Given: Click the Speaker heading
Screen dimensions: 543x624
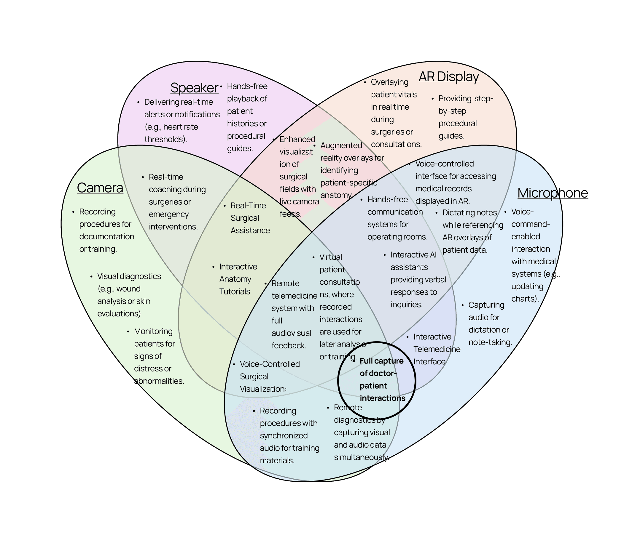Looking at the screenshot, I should click(194, 88).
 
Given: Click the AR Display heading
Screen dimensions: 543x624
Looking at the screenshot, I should click(449, 77).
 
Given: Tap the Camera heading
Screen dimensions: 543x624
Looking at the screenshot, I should click(100, 188).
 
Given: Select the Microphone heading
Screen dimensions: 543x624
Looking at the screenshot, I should click(553, 193).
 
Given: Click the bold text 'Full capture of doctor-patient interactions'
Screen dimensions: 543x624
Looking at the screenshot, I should click(382, 379).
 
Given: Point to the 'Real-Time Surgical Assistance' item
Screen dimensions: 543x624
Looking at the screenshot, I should click(250, 218).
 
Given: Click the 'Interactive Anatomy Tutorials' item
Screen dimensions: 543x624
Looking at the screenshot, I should click(238, 279).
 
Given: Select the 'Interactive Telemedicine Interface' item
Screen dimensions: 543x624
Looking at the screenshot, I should click(436, 349).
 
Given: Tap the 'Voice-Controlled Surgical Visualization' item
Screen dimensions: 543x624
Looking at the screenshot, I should click(269, 376).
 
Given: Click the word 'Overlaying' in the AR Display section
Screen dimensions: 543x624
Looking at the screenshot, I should click(389, 82).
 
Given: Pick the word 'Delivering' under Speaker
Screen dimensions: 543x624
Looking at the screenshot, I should click(162, 102).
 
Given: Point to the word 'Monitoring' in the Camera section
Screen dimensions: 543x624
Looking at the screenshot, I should click(153, 331).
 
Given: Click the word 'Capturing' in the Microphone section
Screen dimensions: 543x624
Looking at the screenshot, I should click(486, 305).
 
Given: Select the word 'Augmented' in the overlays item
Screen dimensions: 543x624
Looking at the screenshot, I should click(341, 145).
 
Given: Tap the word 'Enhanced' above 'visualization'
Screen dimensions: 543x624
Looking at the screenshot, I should click(297, 140).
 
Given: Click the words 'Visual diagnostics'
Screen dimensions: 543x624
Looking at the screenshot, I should click(129, 276).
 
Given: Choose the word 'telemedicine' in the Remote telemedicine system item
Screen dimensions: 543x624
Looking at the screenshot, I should click(294, 296).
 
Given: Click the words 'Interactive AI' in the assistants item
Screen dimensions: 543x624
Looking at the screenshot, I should click(413, 255).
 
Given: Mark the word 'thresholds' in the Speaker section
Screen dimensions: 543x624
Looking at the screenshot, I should click(164, 140).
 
